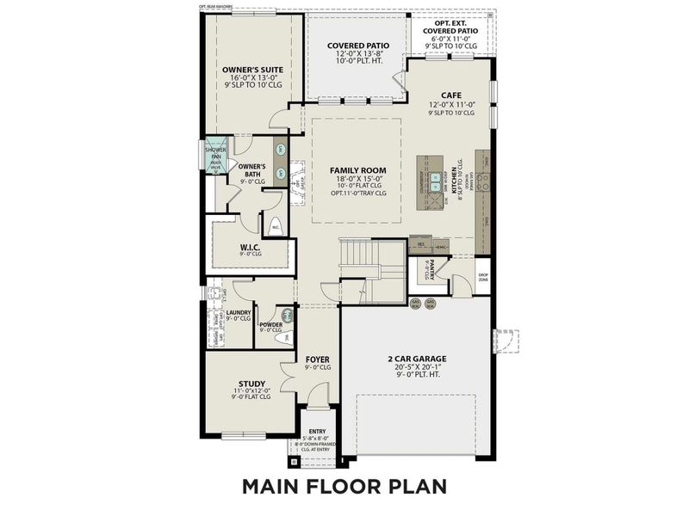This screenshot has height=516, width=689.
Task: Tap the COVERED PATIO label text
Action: point(357,46)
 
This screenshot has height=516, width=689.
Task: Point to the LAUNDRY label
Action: point(238,312)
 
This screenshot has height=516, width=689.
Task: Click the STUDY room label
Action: point(251,384)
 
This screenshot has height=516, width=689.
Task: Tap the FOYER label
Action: point(318,358)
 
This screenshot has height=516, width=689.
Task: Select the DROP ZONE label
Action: point(482,277)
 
